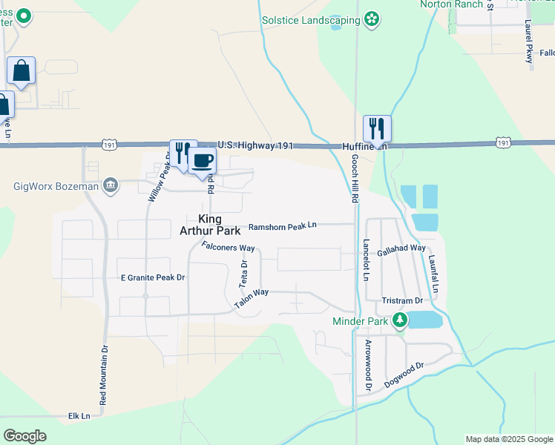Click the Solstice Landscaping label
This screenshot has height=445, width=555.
(x=311, y=20)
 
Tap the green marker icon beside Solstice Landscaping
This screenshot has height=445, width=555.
(x=372, y=18)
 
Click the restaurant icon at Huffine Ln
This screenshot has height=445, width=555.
(x=377, y=129)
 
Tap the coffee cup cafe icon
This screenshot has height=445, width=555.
(x=202, y=160)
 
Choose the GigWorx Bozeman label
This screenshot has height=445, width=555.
(x=56, y=185)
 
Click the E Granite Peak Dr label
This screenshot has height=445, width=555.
(x=152, y=277)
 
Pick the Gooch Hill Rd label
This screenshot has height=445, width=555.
(x=355, y=179)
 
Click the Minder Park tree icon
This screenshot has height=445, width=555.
(x=401, y=320)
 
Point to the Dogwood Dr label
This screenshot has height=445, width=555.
(x=404, y=375)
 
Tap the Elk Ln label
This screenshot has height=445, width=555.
(x=79, y=416)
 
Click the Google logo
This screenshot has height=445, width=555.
(x=24, y=436)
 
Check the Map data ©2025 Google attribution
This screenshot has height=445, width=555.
(x=508, y=439)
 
